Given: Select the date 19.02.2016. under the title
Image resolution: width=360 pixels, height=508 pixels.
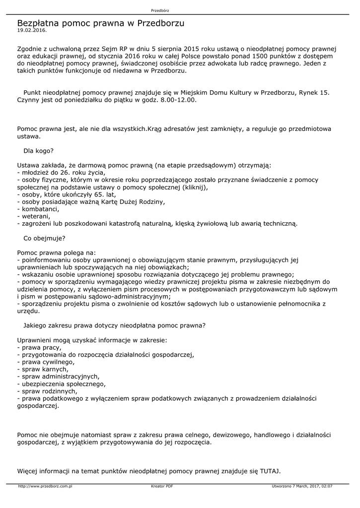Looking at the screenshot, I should click(x=32, y=30).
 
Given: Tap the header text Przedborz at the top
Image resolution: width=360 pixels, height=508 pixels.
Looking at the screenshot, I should click(x=159, y=10).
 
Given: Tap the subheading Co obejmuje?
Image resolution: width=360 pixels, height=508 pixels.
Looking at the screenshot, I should click(x=45, y=238).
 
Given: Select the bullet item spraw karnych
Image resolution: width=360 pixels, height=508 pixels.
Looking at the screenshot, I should click(x=43, y=369).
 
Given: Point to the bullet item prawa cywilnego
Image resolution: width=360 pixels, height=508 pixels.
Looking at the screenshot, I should click(x=45, y=362).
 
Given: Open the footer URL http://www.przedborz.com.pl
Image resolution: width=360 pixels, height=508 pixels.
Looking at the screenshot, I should click(x=45, y=486).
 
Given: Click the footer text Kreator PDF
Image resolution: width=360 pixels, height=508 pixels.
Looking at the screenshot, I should click(x=162, y=486).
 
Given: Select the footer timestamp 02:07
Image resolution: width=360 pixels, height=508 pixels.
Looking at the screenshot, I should click(x=327, y=486).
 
